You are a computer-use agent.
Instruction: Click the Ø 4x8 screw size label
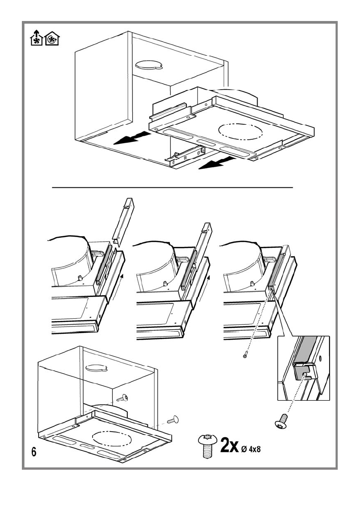coord(256,449)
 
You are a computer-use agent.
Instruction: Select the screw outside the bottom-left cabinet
coord(173,419)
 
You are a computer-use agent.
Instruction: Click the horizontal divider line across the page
coord(171,187)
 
